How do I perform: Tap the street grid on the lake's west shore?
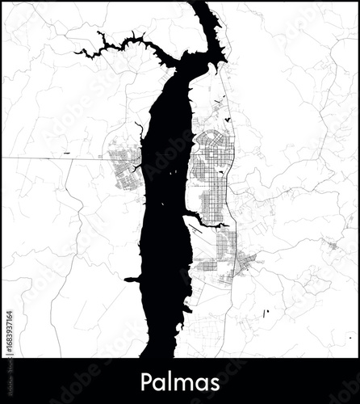pyautogui.click(x=123, y=166)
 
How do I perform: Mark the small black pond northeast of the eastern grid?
pyautogui.click(x=228, y=120)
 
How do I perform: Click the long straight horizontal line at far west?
pyautogui.click(x=48, y=158)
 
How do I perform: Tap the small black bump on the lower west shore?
pyautogui.click(x=132, y=279)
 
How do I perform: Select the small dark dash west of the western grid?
pyautogui.click(x=65, y=154)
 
